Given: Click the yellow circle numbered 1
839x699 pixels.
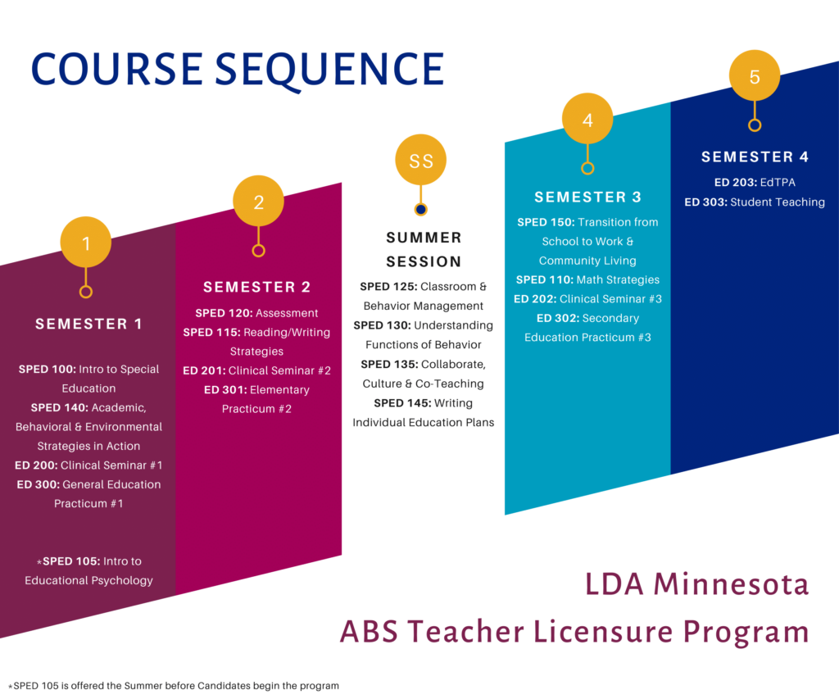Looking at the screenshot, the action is coord(85,242).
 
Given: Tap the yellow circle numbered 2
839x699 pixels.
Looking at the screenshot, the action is coord(258,201).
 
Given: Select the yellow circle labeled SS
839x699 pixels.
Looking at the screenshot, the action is coord(420,160).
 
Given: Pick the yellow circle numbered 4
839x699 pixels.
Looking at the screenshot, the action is coord(587,119).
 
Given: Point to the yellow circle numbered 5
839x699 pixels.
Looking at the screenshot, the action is coord(755,75).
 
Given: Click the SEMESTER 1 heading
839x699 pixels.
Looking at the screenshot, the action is coord(88,324).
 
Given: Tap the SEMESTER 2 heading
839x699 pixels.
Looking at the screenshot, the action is coord(256,287).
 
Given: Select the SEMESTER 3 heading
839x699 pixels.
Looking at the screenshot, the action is coord(587,197).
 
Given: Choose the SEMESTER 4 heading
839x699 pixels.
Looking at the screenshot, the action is coord(755,157).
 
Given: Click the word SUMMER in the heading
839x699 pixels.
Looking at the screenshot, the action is coord(424,238).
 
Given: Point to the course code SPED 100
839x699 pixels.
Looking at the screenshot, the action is coord(47,370).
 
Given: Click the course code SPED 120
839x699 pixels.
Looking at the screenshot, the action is coord(224,313).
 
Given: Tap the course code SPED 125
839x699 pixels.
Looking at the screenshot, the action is coord(388,287).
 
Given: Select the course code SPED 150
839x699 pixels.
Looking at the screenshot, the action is coord(546,222).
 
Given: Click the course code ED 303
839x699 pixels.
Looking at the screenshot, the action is coord(705,202).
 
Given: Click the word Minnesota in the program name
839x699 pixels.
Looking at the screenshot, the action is coord(731,584).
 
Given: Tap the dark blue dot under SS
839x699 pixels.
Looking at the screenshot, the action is coord(420,209).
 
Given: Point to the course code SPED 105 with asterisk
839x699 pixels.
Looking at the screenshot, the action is coord(68,561).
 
